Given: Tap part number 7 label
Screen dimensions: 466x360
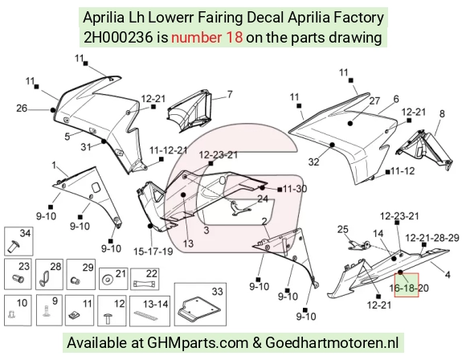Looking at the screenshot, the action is (230, 94).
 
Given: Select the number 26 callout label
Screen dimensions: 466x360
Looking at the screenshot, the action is (22, 108).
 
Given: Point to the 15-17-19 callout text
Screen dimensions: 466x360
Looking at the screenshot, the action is (153, 252).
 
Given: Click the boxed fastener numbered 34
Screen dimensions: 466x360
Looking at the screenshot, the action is (18, 242).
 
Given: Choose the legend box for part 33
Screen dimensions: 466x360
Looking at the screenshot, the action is (200, 305).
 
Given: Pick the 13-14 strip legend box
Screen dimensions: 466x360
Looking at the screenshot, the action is (150, 311).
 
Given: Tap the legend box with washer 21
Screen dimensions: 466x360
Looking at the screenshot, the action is (113, 279).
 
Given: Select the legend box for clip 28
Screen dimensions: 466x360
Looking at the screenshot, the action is (49, 274).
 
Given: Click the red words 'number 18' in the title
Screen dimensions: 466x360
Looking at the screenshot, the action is (206, 38).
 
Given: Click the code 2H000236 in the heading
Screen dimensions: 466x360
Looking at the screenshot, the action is (118, 38).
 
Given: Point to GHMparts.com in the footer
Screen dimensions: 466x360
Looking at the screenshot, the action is (198, 343).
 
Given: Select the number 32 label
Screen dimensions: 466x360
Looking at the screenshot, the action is (314, 162).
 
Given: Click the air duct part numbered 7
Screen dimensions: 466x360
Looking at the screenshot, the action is (190, 109).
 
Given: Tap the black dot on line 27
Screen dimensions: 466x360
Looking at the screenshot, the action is (350, 123).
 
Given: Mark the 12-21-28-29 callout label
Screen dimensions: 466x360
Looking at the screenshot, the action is (432, 238).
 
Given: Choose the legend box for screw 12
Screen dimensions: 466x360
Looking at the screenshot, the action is (112, 311).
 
